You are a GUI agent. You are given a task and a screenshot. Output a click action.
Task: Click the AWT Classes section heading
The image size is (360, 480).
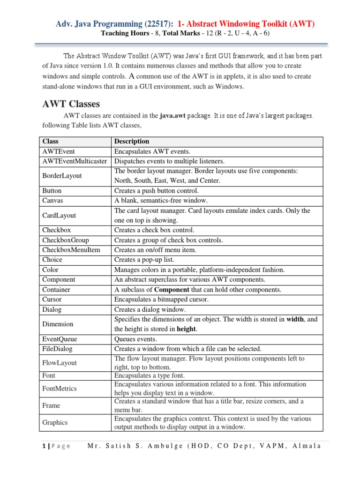pos(71,103)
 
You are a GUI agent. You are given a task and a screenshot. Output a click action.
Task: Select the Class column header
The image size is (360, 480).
pos(50,141)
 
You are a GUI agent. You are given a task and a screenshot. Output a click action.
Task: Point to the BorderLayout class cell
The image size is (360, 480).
pos(62,176)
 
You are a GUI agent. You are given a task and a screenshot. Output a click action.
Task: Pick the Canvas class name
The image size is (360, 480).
pos(52,201)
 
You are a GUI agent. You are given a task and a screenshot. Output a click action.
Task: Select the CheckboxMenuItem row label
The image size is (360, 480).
pos(71,250)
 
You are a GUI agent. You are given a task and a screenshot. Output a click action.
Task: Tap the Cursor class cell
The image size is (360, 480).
pos(52,299)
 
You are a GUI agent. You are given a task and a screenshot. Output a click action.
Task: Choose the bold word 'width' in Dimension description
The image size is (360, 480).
pos(295,319)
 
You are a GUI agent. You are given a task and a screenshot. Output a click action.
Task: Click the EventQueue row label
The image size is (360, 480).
pos(60,339)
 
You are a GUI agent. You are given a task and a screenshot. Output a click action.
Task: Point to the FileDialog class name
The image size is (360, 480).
pos(58,349)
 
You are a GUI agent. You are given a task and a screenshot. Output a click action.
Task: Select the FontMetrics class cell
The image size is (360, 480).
pos(60,389)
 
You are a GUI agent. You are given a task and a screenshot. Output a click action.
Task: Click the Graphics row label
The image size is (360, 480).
pos(55,422)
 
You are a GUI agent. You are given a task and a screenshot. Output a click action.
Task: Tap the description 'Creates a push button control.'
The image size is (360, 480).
pos(157,191)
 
